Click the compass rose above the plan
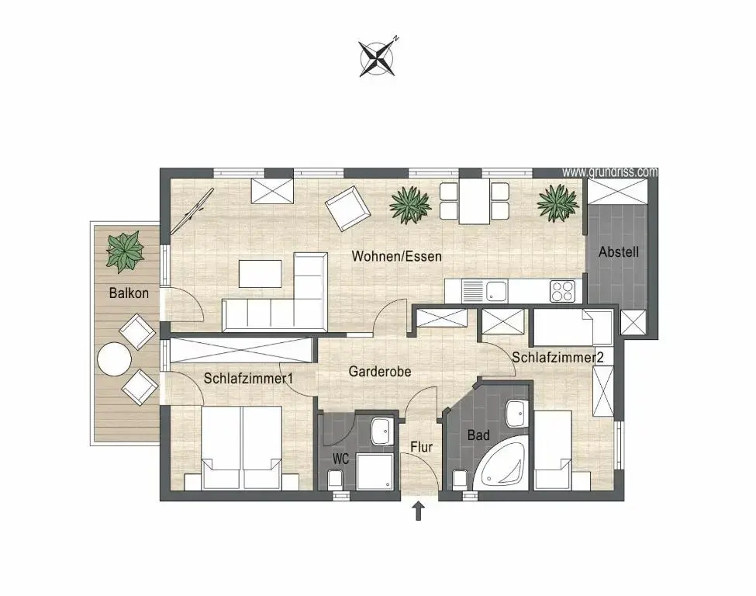pyautogui.click(x=377, y=58)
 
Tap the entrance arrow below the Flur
pyautogui.click(x=419, y=511)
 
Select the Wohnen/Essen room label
pyautogui.click(x=396, y=256)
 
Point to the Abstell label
pyautogui.click(x=619, y=251)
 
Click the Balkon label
pyautogui.click(x=129, y=293)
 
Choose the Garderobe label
pyautogui.click(x=380, y=371)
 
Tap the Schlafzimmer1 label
pyautogui.click(x=248, y=378)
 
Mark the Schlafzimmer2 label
pyautogui.click(x=558, y=358)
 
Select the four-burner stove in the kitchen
pyautogui.click(x=562, y=291)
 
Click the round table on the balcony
pyautogui.click(x=114, y=359)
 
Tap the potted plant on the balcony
pyautogui.click(x=126, y=250)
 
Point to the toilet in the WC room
pyautogui.click(x=335, y=479)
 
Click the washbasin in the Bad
pyautogui.click(x=517, y=413)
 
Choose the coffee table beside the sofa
pyautogui.click(x=261, y=274)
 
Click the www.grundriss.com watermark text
pyautogui.click(x=609, y=172)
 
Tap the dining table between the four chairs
pyautogui.click(x=475, y=201)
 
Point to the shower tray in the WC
pyautogui.click(x=375, y=472)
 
